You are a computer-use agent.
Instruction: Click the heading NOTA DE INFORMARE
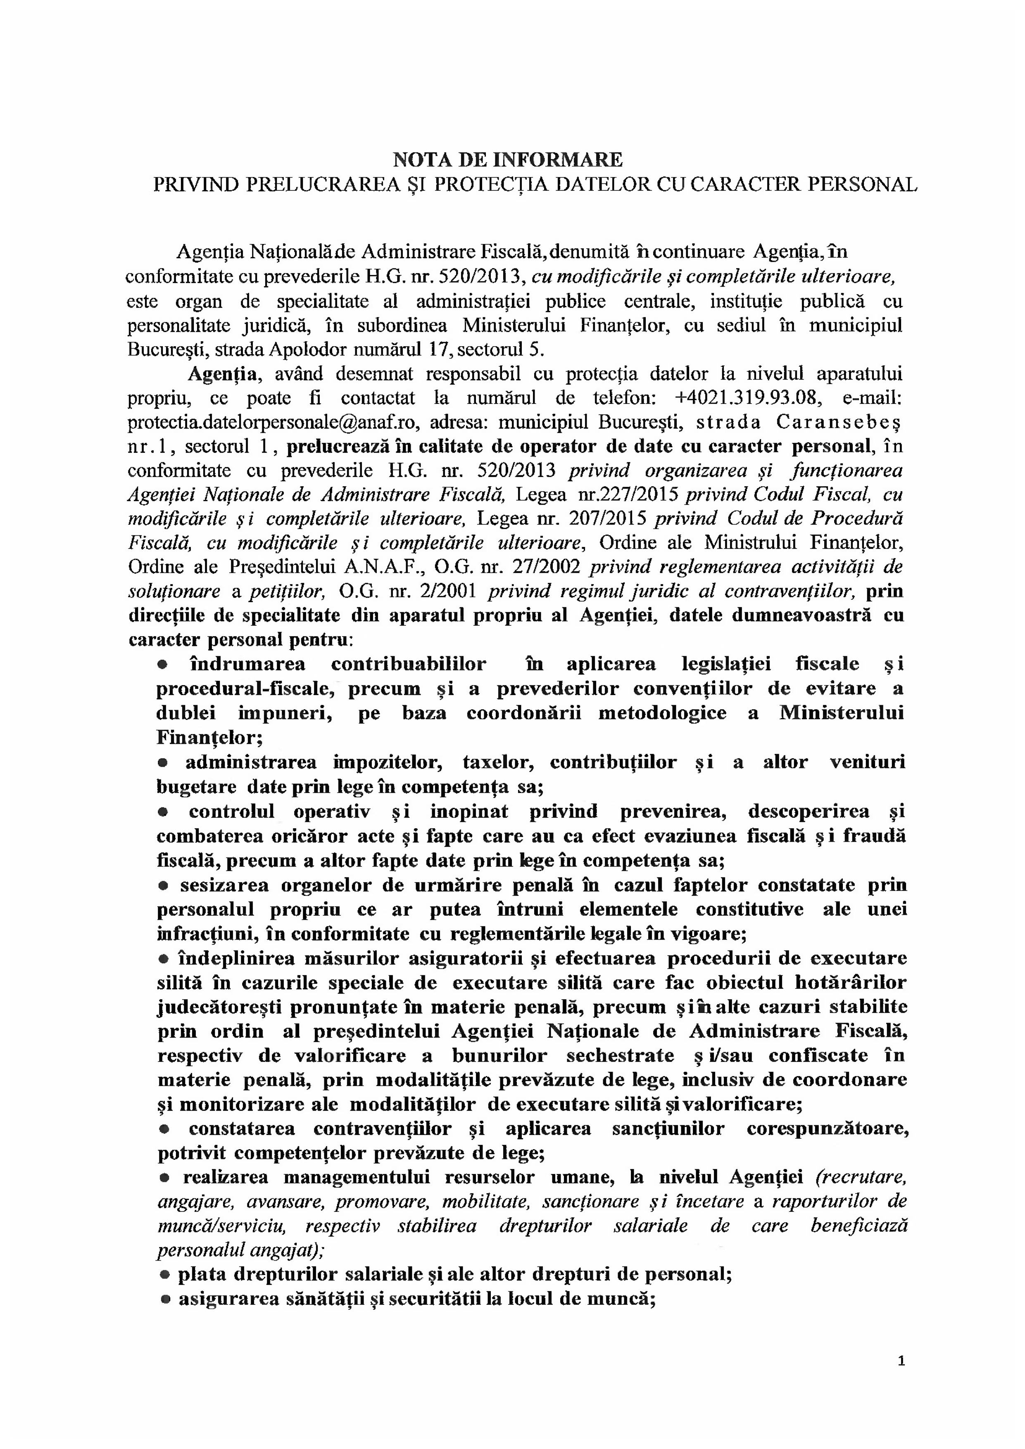tap(508, 158)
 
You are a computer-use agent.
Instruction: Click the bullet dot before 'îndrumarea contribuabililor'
tap(162, 665)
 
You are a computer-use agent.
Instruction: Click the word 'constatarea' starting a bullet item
tap(241, 1128)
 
